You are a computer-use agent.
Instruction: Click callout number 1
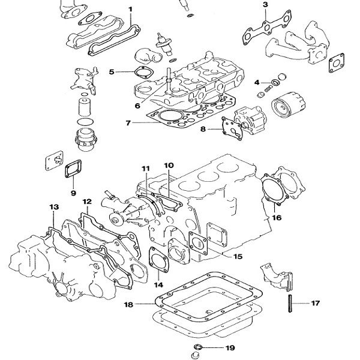pyautogui.click(x=130, y=10)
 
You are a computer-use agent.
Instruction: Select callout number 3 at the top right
pyautogui.click(x=265, y=5)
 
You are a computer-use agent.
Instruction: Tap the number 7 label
pyautogui.click(x=128, y=123)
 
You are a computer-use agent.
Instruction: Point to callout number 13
pyautogui.click(x=54, y=207)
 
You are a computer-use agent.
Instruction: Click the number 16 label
pyautogui.click(x=277, y=217)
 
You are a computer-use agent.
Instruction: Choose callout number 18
pyautogui.click(x=128, y=305)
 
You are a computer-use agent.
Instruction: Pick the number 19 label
pyautogui.click(x=230, y=348)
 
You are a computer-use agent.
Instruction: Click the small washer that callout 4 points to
pyautogui.click(x=274, y=82)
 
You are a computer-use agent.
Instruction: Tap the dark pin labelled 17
pyautogui.click(x=290, y=304)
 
